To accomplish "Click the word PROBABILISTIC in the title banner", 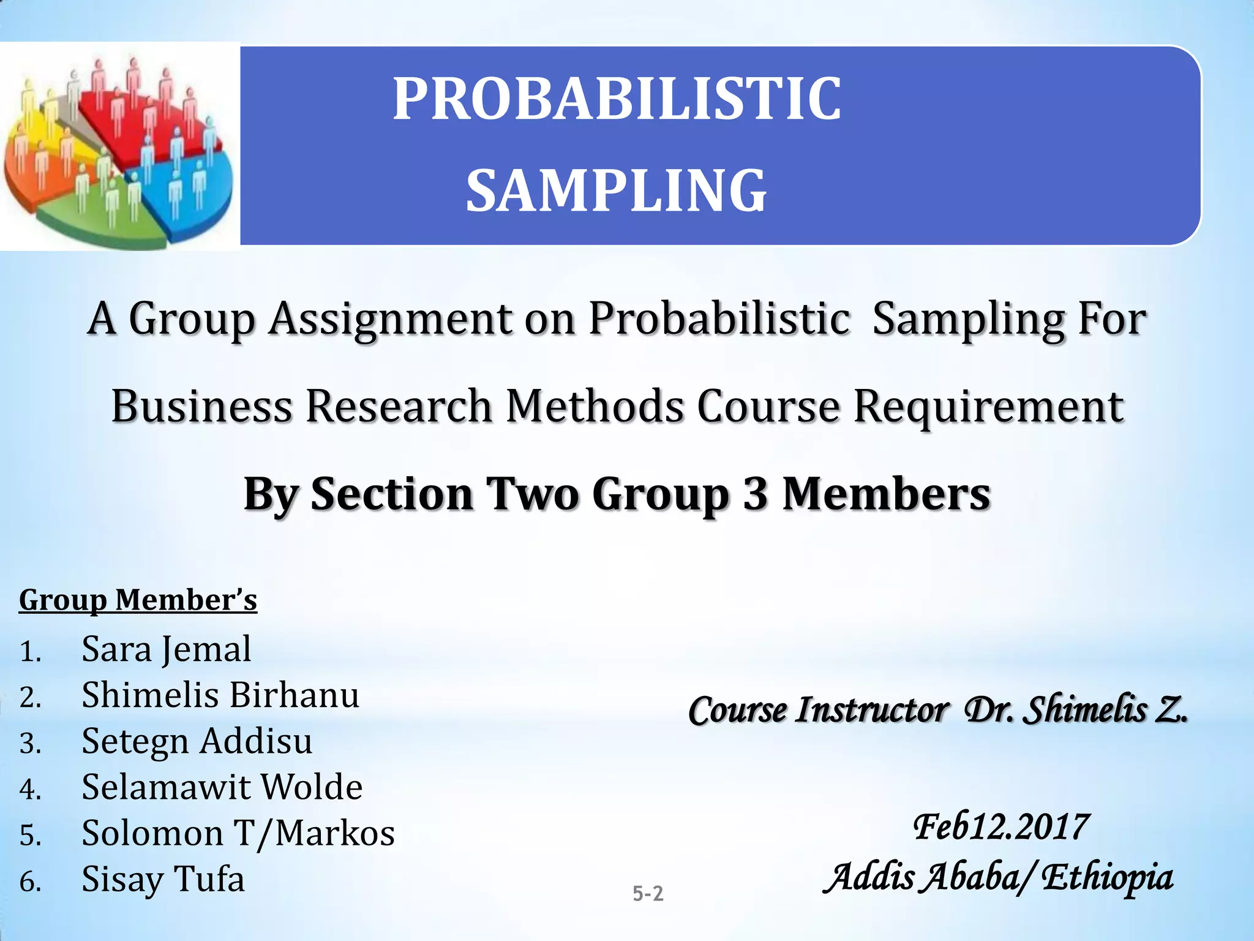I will (617, 99).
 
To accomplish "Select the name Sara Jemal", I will (166, 649).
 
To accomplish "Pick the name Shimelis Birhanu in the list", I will (220, 695).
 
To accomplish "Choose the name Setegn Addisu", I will (197, 741).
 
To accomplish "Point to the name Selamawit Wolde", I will (222, 787).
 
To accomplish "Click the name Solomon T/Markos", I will (238, 833).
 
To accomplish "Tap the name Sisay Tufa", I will (163, 879).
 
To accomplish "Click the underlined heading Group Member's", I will (138, 600).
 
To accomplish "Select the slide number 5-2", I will (648, 894).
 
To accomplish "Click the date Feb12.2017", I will (1000, 827).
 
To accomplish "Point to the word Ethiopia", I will (1107, 877).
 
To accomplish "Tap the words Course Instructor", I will (818, 711).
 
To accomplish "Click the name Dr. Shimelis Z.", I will (1075, 711).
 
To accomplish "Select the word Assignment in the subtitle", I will (390, 320).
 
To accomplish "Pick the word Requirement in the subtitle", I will (988, 407).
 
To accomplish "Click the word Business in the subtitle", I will (201, 407).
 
